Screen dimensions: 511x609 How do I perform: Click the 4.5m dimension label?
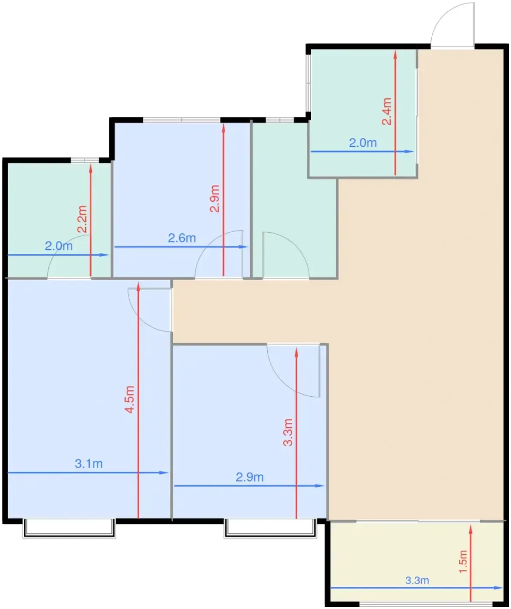[130, 399]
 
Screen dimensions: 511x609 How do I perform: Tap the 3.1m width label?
[89, 463]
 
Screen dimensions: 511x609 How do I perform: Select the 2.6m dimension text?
[182, 238]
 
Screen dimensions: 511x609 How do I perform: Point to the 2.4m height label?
[387, 111]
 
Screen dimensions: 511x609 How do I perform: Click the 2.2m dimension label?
[82, 219]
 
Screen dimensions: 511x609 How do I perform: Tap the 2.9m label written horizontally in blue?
[249, 477]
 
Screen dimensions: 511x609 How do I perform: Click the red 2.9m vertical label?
[215, 198]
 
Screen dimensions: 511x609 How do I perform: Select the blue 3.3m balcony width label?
[417, 580]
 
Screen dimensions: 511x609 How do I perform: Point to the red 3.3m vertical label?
[288, 432]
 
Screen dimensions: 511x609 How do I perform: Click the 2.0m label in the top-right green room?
[363, 143]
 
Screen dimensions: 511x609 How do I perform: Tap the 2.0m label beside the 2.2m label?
[59, 246]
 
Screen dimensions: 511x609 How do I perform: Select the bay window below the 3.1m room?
[70, 528]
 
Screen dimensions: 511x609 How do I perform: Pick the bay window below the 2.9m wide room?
[271, 528]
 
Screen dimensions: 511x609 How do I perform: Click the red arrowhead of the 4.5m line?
[138, 287]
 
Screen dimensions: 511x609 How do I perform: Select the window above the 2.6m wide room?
[182, 120]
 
